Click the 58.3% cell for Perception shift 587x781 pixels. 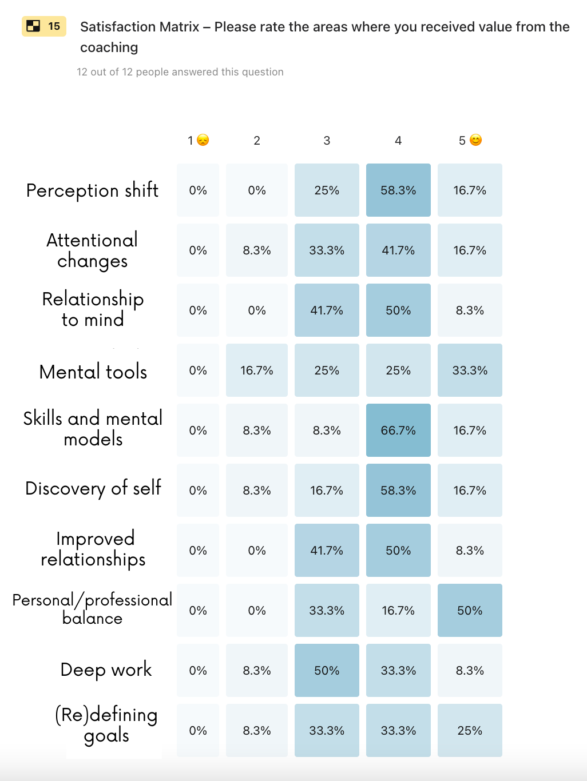(398, 190)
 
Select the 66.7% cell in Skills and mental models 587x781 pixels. (398, 431)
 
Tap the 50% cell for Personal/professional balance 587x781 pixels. (470, 611)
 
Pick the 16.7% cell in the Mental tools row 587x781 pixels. (257, 370)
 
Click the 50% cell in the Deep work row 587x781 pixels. (327, 671)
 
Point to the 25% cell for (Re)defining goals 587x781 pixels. (470, 731)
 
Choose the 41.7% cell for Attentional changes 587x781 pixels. (398, 250)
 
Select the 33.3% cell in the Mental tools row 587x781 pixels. (470, 370)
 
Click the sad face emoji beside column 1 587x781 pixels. (203, 140)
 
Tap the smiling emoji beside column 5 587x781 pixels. (475, 140)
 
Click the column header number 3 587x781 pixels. (327, 141)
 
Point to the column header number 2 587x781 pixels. (257, 141)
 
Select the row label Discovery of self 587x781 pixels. (93, 488)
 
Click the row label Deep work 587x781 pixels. (106, 670)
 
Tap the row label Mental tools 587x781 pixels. (93, 372)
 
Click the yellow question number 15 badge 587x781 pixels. (44, 26)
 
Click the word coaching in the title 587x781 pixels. (109, 47)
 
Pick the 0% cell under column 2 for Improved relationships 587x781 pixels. (257, 551)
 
